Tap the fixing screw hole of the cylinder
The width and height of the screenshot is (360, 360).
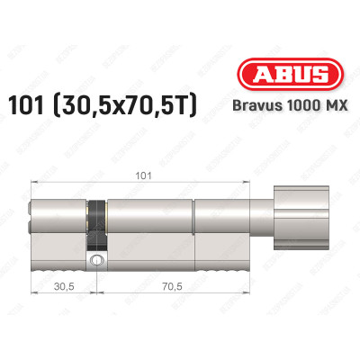96,260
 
